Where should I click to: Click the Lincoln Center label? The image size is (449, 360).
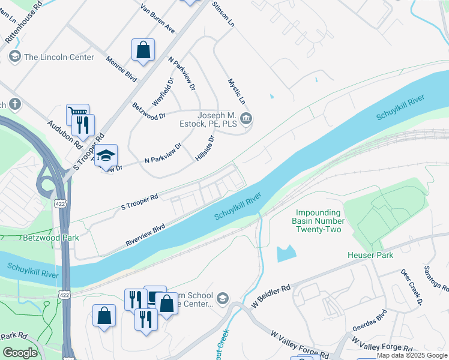(59, 57)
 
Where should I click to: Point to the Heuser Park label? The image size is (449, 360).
(370, 256)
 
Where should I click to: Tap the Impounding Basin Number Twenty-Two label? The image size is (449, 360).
(318, 221)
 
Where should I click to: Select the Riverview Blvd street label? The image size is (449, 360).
(145, 235)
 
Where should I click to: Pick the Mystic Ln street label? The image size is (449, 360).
(237, 91)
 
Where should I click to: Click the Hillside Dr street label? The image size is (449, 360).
(205, 148)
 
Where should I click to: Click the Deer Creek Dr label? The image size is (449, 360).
(412, 281)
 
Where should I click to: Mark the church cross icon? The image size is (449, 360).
(14, 105)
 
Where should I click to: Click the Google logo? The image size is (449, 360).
(20, 352)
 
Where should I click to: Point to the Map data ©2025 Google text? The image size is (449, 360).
(411, 355)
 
